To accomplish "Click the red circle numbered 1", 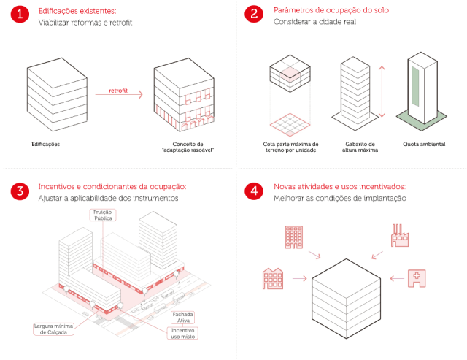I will pos(20,16).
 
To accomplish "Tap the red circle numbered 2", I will pos(254,16).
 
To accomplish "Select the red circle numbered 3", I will pos(20,192).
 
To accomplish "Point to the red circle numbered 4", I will pos(254,192).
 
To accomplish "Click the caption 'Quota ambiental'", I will pos(423,144).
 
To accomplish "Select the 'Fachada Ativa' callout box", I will pos(182,317).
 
